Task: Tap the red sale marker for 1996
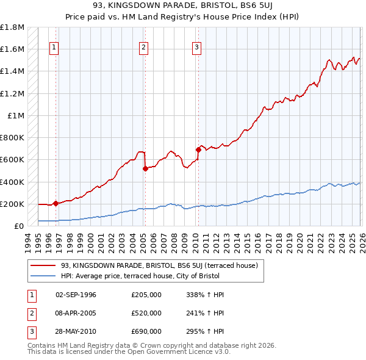coord(56,203)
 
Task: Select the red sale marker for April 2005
coord(145,168)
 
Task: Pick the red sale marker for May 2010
coord(198,149)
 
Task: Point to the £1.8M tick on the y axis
coord(12,27)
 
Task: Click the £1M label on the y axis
coord(16,116)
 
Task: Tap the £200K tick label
coord(12,204)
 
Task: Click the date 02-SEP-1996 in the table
coord(76,295)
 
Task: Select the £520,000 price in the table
coord(146,313)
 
